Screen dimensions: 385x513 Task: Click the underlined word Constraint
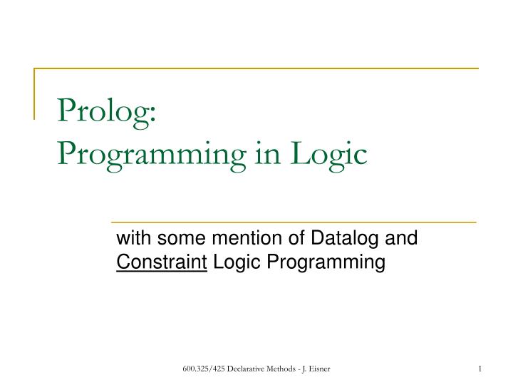(x=162, y=262)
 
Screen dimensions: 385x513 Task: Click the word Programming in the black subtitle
(x=326, y=263)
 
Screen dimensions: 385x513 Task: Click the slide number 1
(x=481, y=368)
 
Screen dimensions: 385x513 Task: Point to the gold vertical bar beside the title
(x=34, y=93)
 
